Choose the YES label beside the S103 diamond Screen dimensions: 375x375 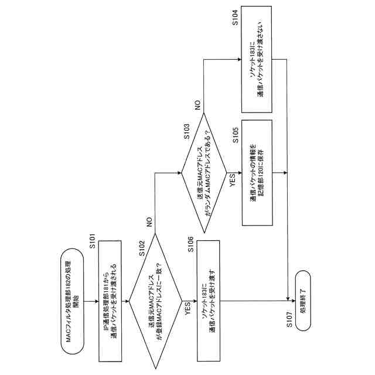click(x=231, y=180)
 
